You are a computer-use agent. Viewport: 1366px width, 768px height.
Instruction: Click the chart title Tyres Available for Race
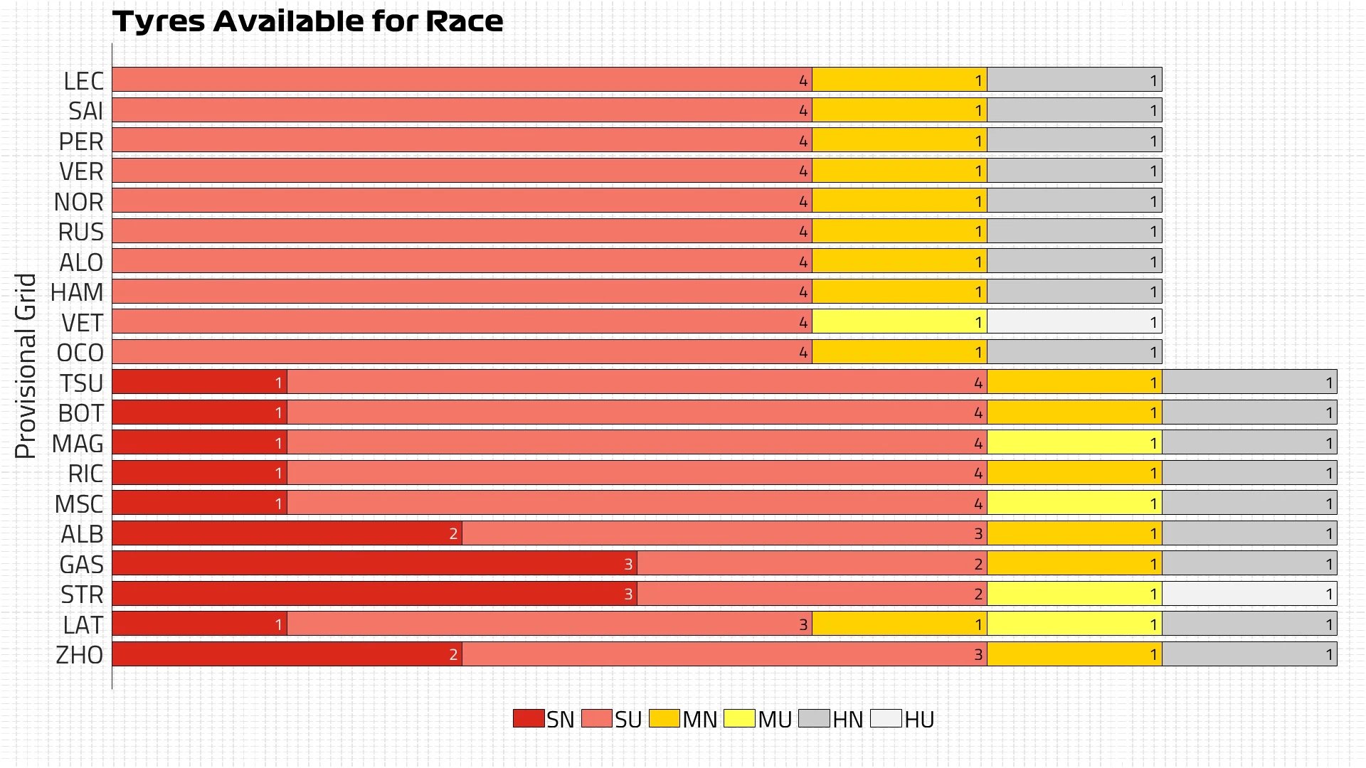[307, 21]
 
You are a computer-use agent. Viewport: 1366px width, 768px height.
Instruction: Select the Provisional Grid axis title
[26, 366]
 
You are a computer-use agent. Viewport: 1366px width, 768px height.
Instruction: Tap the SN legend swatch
[528, 718]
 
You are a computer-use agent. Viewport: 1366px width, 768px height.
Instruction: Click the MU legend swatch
[739, 718]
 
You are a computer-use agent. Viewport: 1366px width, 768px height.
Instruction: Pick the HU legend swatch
[886, 718]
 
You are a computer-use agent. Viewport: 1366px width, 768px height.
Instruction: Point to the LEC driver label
[83, 81]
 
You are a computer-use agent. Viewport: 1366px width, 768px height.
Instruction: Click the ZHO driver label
[80, 655]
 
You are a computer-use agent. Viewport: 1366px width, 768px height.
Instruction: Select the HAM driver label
[77, 292]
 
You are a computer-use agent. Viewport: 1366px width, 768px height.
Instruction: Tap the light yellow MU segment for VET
[899, 322]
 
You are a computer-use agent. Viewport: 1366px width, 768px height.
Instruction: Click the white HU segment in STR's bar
[1249, 594]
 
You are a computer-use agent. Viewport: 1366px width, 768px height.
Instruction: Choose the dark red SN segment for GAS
[374, 564]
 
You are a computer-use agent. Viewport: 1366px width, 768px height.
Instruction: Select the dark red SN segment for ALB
[287, 533]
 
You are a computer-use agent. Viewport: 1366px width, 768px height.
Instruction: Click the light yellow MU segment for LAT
[1074, 624]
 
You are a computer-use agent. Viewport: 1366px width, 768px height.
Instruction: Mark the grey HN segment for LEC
[1074, 80]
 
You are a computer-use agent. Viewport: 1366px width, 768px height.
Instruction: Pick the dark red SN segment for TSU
[199, 383]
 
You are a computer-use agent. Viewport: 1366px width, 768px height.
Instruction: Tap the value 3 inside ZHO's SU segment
[978, 655]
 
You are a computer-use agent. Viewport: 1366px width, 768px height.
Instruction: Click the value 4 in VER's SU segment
[803, 171]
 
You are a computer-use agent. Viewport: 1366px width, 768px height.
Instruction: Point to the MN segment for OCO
[899, 352]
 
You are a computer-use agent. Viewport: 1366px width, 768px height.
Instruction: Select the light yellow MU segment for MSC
[1074, 503]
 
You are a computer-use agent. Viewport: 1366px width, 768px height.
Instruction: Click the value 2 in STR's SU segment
[978, 594]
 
